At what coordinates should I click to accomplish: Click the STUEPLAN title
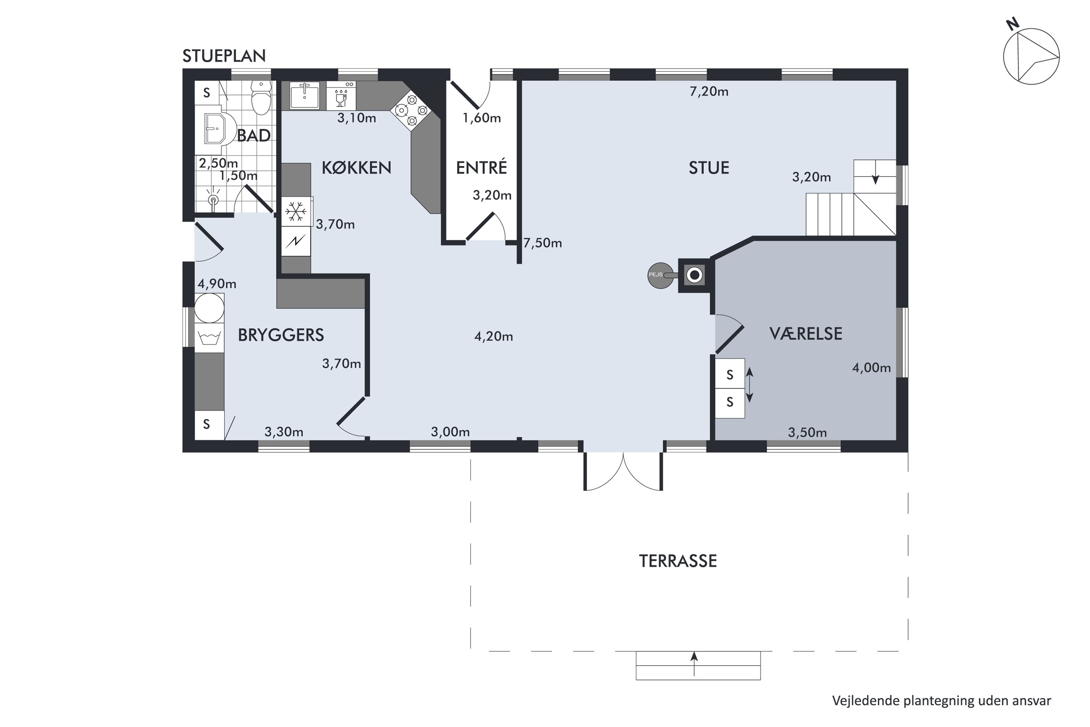pos(224,56)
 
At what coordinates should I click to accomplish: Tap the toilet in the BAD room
pos(261,97)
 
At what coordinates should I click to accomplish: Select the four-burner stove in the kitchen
pos(411,111)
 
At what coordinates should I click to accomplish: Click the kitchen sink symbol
pos(304,96)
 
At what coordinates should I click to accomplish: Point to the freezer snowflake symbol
pos(296,212)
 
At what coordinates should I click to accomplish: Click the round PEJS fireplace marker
pos(661,276)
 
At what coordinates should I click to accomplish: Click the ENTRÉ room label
pos(481,167)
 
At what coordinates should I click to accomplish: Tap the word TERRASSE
pos(678,561)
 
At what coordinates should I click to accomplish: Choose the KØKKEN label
pos(356,167)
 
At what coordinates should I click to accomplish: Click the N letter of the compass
pos(1013,24)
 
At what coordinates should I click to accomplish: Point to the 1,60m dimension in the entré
pos(481,118)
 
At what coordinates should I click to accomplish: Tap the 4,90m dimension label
pos(217,284)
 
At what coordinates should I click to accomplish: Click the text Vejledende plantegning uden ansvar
pos(941,700)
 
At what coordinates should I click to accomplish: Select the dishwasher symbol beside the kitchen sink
pos(341,96)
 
